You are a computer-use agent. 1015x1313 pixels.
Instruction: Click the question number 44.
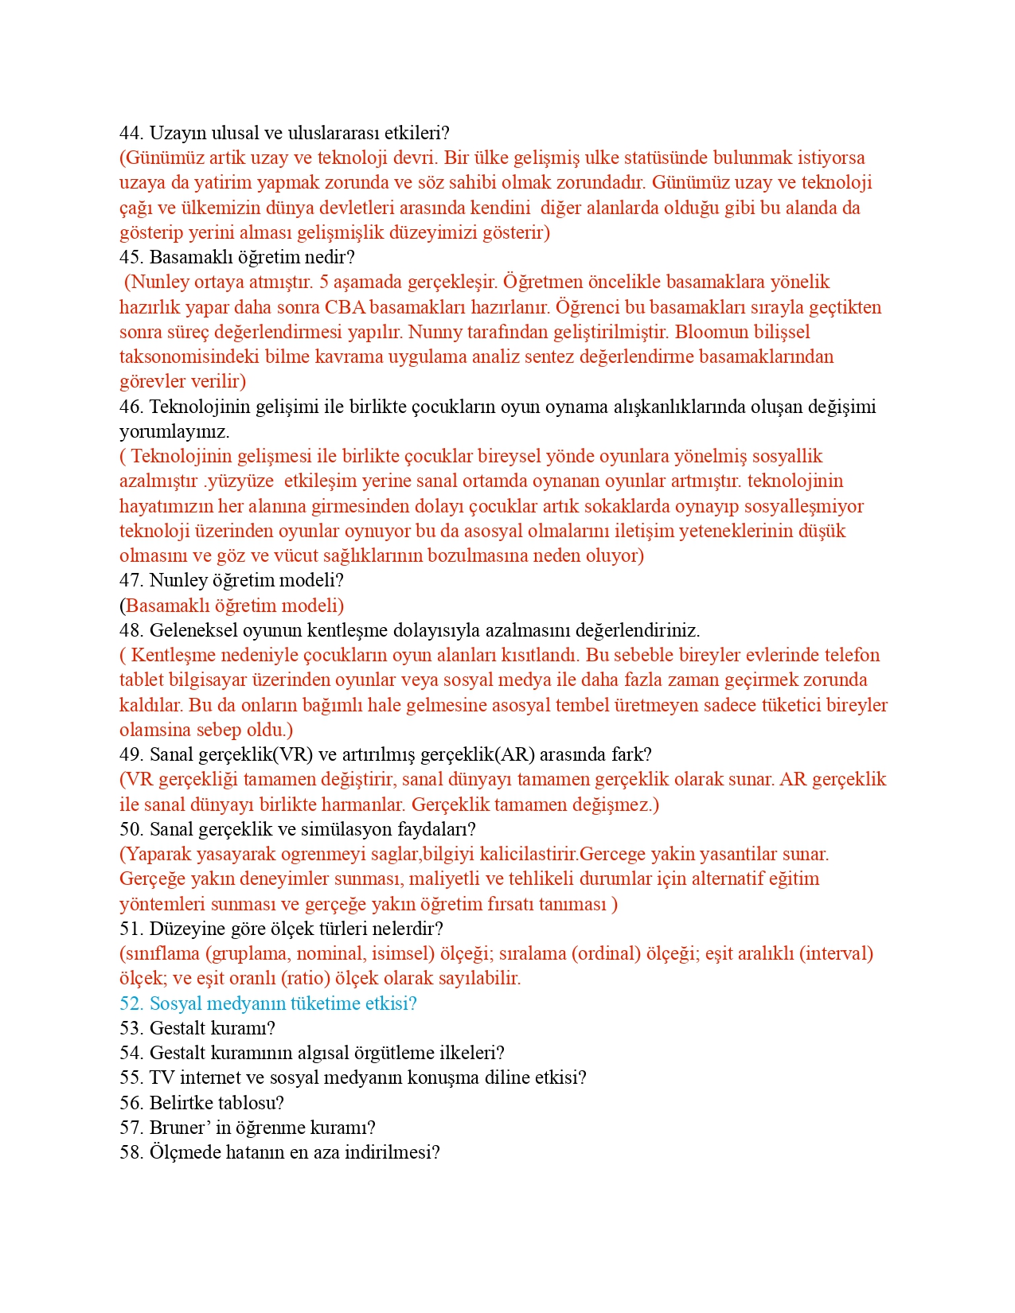(131, 133)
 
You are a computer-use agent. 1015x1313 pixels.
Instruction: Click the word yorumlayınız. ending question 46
(174, 431)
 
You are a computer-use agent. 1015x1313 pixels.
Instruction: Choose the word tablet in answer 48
(142, 680)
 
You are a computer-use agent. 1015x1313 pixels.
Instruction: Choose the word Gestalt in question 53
(178, 1028)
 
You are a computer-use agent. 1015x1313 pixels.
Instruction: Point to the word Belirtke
(181, 1103)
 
